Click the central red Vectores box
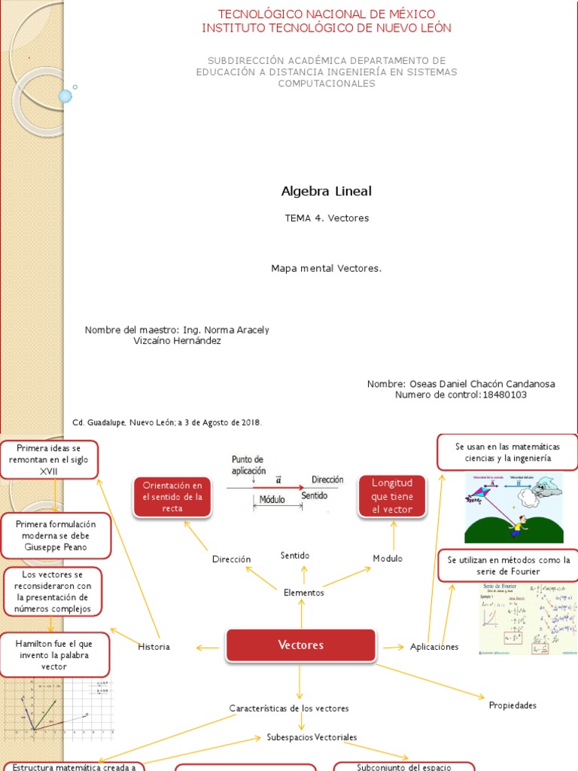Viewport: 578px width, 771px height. [300, 645]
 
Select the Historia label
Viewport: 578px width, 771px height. [154, 647]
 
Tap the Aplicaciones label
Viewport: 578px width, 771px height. [434, 647]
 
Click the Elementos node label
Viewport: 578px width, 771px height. [303, 593]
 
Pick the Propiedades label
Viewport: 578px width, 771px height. [513, 705]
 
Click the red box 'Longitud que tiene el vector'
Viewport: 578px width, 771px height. [392, 496]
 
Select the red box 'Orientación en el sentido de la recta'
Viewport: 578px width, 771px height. [172, 497]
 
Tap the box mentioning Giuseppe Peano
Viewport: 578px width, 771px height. [56, 535]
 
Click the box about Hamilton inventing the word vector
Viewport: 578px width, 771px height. [56, 655]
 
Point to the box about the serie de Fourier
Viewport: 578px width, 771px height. [509, 565]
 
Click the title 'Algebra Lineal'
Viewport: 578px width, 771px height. [326, 191]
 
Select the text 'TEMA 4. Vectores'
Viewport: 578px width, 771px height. [327, 218]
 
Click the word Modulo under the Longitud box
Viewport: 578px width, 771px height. [388, 559]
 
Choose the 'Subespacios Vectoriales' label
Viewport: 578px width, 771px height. [312, 736]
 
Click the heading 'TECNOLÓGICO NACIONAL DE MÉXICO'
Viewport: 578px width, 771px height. [327, 14]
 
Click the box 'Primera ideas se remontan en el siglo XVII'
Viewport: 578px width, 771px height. [48, 460]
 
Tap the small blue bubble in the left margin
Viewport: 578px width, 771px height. [65, 96]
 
